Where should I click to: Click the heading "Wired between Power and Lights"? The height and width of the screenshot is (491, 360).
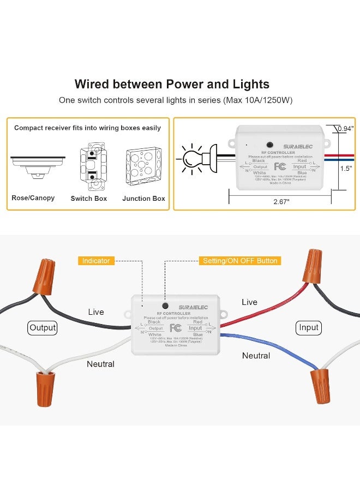[x=172, y=84]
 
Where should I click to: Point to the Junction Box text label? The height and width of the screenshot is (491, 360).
[x=143, y=199]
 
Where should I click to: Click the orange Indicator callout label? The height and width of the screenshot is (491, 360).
[x=96, y=261]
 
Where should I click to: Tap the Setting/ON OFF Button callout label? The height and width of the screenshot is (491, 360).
[x=240, y=261]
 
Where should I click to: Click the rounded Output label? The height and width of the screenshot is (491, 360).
[x=43, y=328]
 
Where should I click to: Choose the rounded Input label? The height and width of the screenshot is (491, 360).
[x=309, y=327]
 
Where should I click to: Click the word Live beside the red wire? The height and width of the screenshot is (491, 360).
[x=249, y=302]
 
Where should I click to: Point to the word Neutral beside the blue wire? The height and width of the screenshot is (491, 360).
[x=256, y=356]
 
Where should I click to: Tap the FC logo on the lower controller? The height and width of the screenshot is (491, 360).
[x=175, y=328]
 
